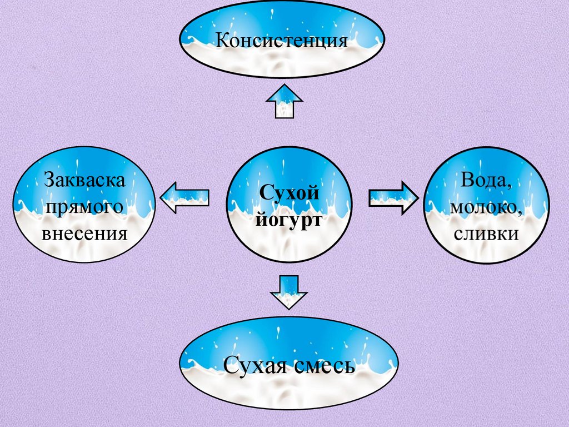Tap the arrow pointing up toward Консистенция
tap(284, 101)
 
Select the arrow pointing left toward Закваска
tap(184, 197)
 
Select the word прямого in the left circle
tap(84, 206)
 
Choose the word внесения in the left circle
tap(84, 232)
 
